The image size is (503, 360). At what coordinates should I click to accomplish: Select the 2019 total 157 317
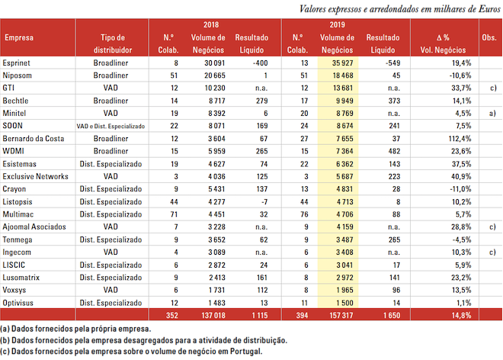[338, 314]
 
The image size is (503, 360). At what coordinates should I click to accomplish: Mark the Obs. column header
[488, 37]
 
